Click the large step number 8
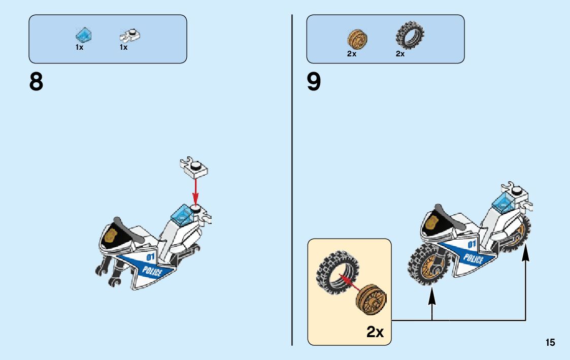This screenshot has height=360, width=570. (x=36, y=82)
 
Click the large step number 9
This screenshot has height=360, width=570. (x=314, y=82)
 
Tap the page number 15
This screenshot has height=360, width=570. (x=550, y=343)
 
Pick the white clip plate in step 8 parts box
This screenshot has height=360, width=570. (x=130, y=36)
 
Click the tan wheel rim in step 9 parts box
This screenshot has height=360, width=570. (x=357, y=39)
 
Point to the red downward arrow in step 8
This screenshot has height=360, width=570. (x=195, y=190)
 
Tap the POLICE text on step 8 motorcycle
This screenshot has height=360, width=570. (x=152, y=271)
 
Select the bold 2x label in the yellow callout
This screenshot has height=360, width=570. (x=375, y=332)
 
